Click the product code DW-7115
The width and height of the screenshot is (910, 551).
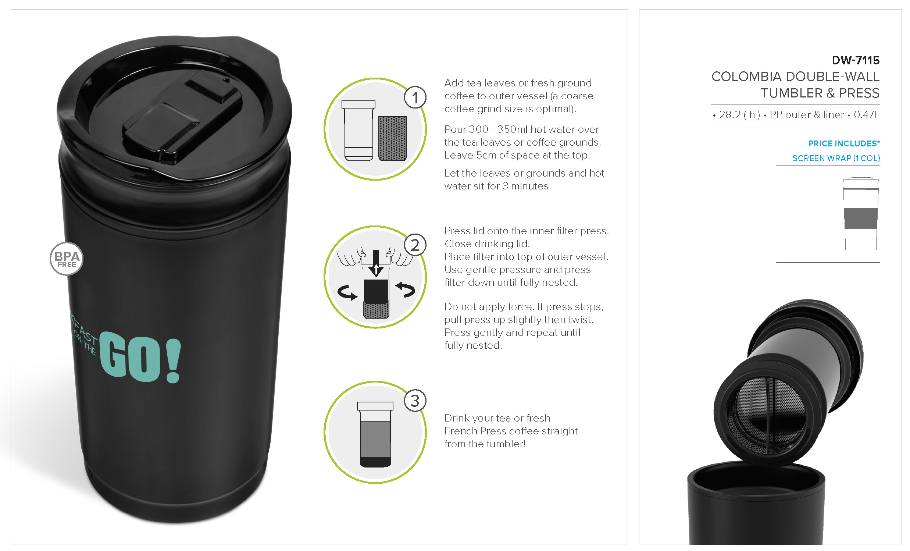[855, 60]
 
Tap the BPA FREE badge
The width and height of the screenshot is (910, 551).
[67, 259]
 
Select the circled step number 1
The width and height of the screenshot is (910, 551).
[415, 97]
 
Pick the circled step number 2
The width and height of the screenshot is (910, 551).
[415, 245]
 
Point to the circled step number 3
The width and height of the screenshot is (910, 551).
[415, 401]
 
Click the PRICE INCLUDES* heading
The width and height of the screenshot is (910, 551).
[844, 143]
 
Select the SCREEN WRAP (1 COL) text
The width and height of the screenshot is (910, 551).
[836, 158]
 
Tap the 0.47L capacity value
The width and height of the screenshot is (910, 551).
[866, 114]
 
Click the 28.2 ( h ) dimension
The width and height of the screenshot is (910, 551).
[739, 114]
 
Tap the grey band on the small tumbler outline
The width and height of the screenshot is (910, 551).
[860, 218]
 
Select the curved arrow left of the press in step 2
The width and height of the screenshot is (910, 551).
[347, 293]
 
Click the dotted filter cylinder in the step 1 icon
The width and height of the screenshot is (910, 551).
[393, 138]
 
